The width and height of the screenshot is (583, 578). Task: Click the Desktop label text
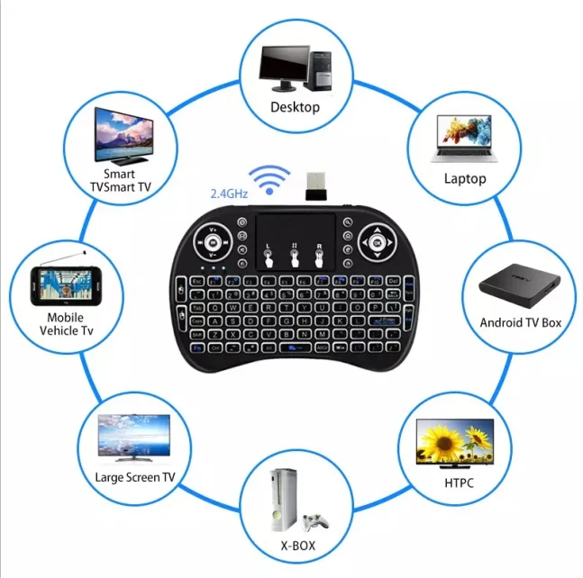click(x=295, y=107)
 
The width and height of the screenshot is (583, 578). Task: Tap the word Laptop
click(x=464, y=178)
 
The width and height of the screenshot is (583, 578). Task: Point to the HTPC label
click(x=459, y=483)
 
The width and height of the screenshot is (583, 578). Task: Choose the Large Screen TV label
click(x=135, y=477)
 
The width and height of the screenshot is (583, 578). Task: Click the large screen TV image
click(x=132, y=434)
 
